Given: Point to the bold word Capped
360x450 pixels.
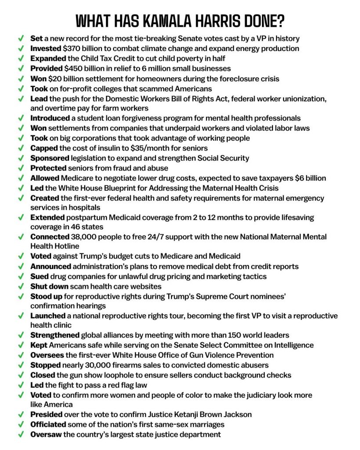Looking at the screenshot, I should (44, 148).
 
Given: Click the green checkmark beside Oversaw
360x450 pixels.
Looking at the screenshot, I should (21, 435).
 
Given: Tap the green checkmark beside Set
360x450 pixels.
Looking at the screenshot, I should (21, 39).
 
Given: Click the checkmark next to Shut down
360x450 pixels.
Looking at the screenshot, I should (21, 287).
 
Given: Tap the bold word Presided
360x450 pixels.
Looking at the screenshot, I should (46, 414).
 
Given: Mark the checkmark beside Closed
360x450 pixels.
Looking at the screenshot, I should (21, 375).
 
